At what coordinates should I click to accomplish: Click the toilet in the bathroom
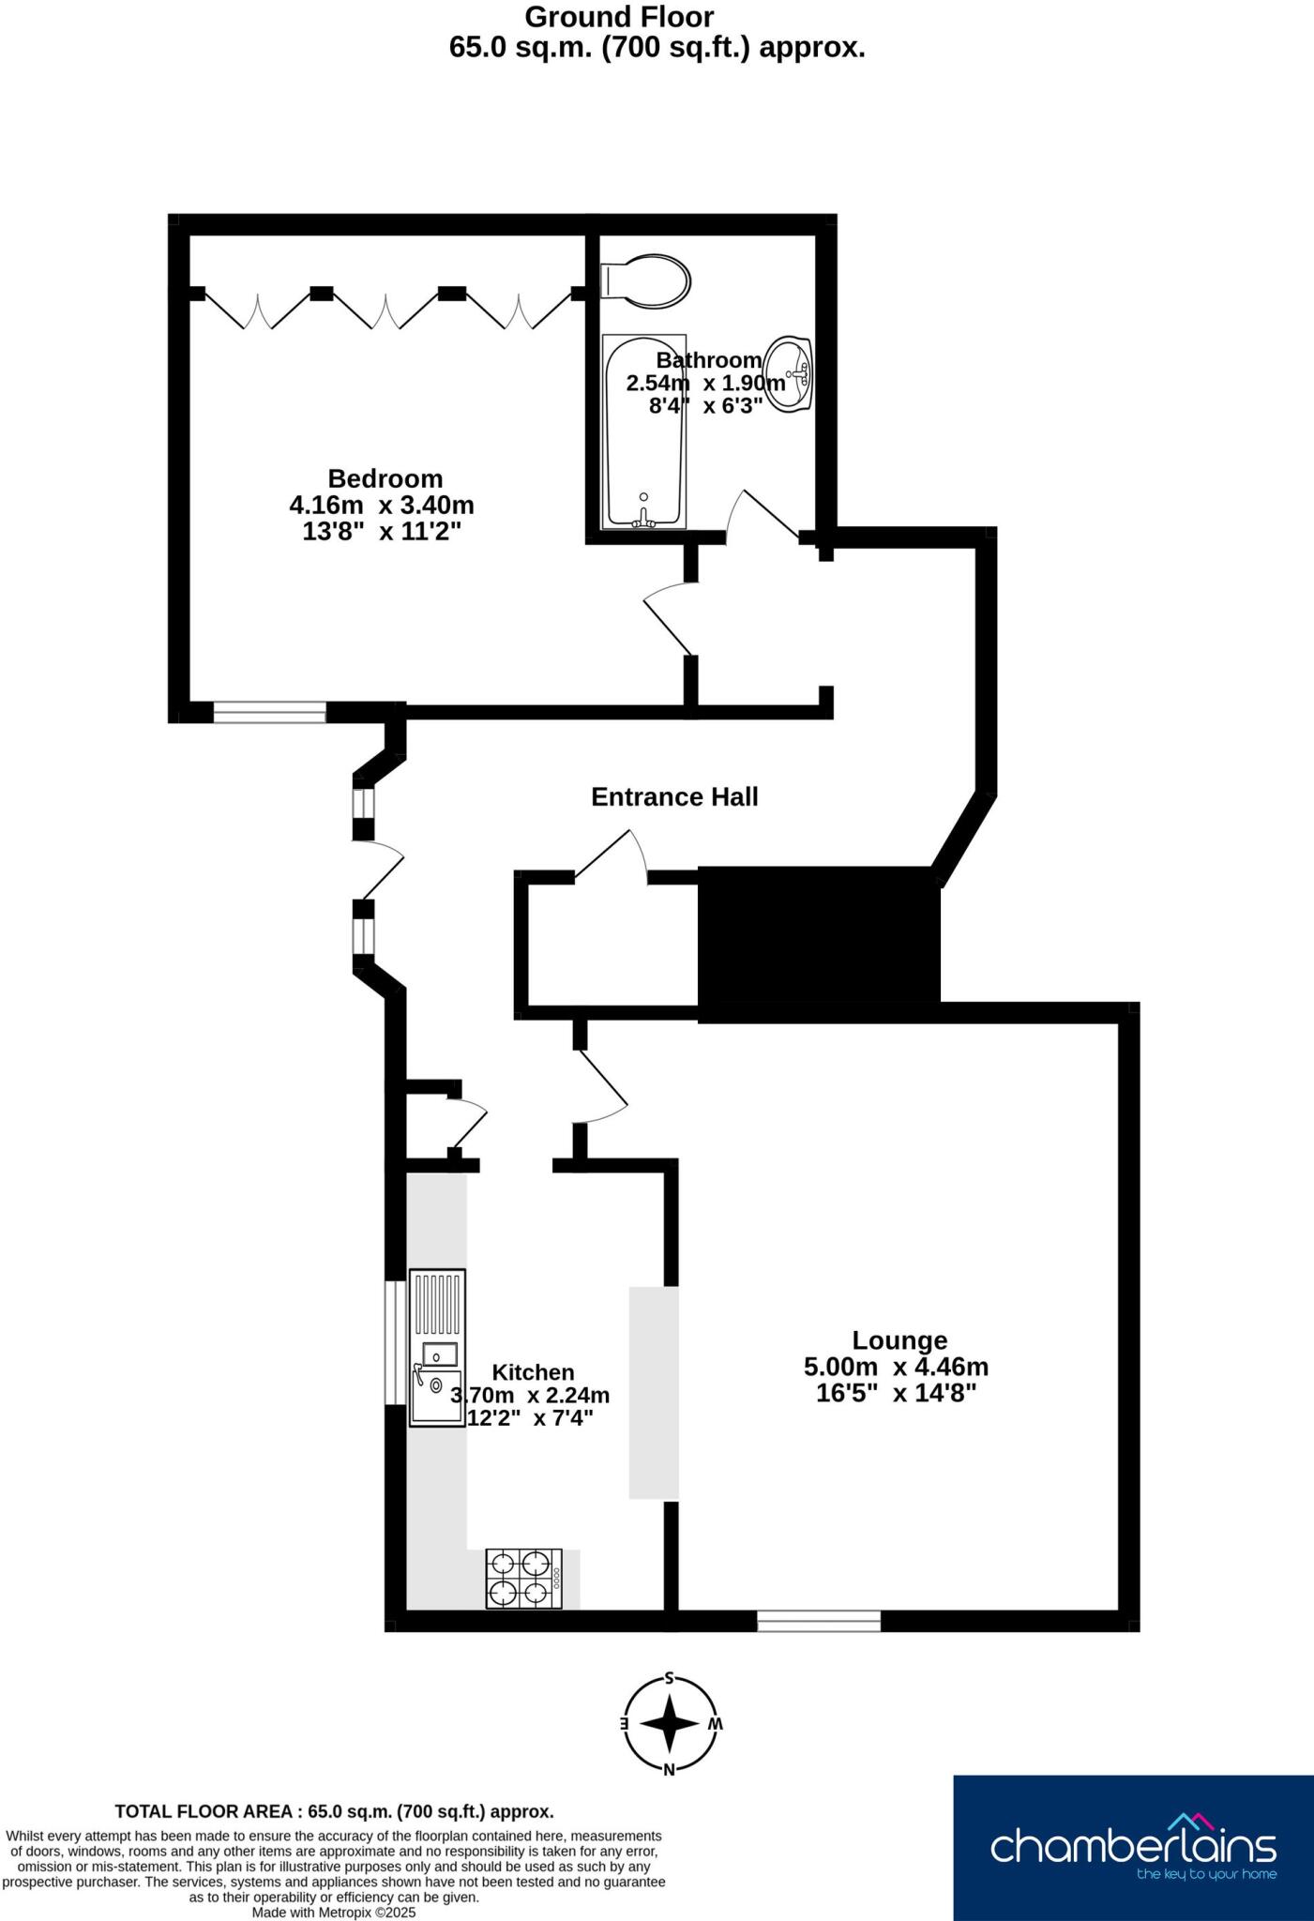(647, 280)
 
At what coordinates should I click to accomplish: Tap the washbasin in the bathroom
(789, 373)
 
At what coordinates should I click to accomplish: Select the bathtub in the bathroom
(644, 431)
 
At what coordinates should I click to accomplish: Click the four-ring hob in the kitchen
(523, 1579)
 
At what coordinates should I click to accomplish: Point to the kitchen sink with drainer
(437, 1348)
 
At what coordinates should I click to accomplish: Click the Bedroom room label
(385, 478)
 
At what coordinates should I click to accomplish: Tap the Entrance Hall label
(674, 797)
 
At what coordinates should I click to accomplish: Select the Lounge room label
(899, 1340)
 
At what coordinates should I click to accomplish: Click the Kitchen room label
(533, 1373)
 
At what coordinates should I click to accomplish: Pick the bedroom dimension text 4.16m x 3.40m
(382, 506)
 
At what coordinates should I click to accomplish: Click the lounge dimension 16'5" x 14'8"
(896, 1393)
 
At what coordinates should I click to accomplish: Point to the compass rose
(670, 1723)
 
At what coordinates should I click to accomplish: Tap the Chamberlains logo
(1133, 1847)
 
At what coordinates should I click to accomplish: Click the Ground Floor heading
(619, 17)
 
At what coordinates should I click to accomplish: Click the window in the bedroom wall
(269, 713)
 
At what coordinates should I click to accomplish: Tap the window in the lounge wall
(819, 1621)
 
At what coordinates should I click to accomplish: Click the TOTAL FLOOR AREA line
(334, 1811)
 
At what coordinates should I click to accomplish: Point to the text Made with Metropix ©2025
(334, 1912)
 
